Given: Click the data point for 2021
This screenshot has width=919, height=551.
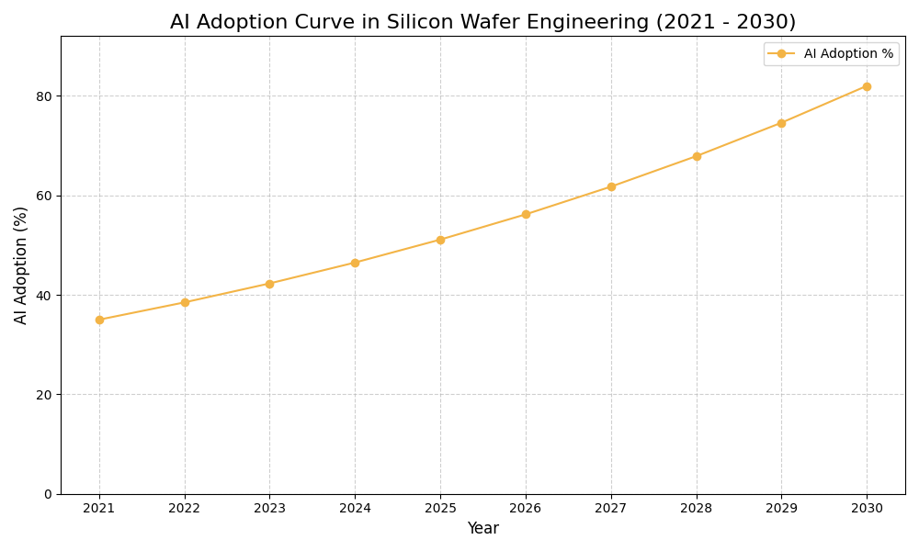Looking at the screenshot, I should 99,320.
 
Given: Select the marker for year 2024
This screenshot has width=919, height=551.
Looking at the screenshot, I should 355,263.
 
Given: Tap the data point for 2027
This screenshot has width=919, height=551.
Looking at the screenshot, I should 611,186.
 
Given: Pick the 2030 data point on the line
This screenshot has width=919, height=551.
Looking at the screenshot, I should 867,86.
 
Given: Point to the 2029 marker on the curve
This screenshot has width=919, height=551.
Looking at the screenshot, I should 781,123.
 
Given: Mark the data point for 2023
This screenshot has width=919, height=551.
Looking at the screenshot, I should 269,284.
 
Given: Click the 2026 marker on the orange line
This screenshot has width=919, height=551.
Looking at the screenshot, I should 526,214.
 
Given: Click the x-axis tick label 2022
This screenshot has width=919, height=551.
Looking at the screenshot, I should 185,508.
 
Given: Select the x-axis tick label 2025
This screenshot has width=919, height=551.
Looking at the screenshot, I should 440,508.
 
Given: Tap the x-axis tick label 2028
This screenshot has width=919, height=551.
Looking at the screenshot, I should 697,508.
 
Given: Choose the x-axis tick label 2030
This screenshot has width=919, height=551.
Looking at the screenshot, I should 867,508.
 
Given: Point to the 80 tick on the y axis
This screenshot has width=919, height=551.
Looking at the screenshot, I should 44,96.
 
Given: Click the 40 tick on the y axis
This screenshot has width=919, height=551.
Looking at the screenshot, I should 44,295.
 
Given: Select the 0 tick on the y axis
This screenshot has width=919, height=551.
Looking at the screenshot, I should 48,494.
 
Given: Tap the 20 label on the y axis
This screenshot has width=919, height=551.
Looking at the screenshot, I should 44,395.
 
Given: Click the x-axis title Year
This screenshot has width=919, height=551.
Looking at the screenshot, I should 482,529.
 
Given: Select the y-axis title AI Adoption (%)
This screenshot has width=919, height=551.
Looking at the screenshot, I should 21,264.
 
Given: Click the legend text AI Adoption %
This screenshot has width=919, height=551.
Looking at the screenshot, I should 848,54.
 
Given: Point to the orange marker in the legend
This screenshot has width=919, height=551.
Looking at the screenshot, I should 781,54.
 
